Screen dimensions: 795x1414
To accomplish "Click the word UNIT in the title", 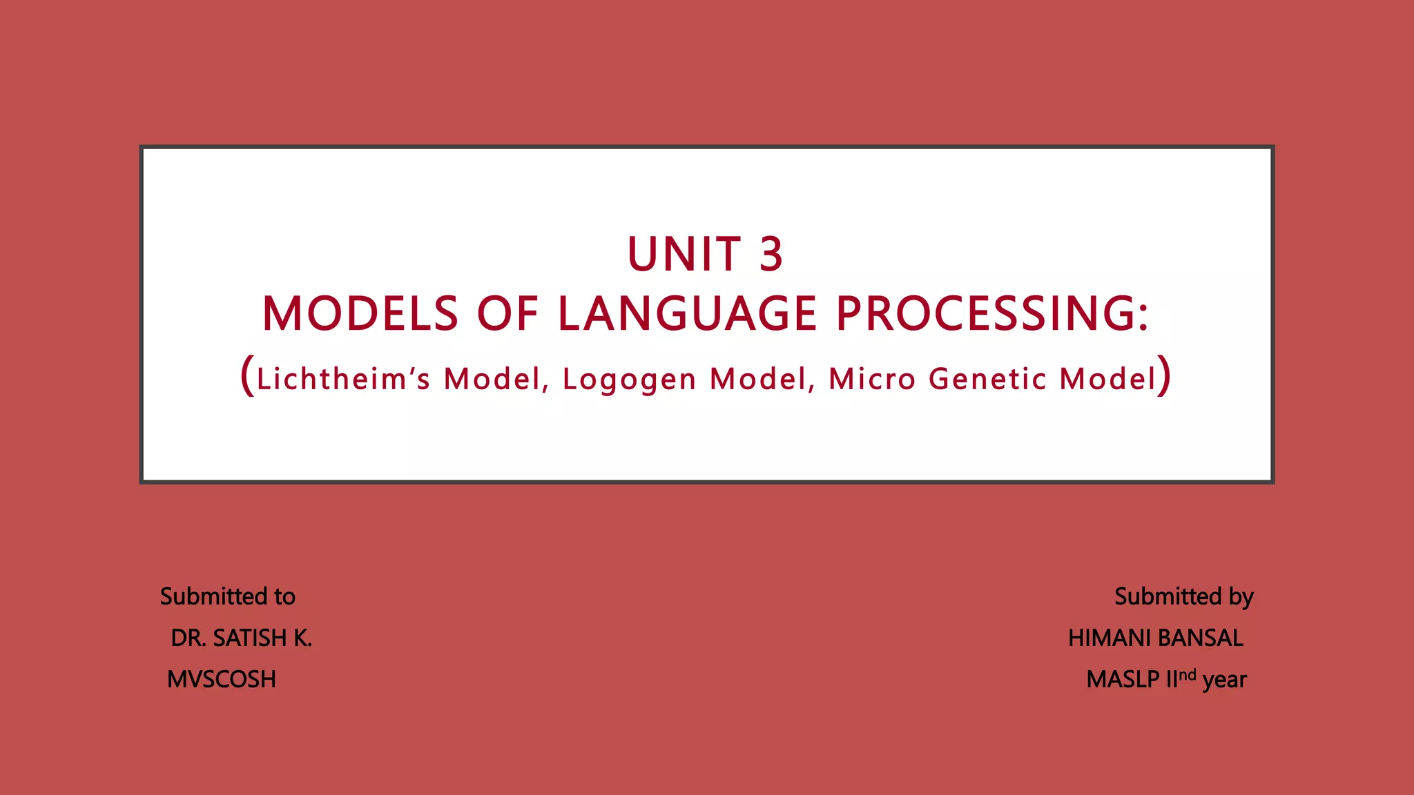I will click(684, 255).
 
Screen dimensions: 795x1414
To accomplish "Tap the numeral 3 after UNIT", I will click(771, 255).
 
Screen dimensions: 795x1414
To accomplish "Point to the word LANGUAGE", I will click(688, 314).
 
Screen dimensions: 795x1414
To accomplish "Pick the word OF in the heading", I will click(507, 314).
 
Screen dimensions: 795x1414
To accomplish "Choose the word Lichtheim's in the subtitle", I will click(343, 379).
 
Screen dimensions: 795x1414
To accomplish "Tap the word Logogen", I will click(629, 380).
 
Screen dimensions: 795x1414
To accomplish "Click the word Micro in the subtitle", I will click(872, 379).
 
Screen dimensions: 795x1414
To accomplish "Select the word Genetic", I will click(987, 379).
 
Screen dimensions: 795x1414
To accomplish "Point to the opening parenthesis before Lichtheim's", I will click(247, 376).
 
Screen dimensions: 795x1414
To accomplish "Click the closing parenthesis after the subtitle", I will click(1164, 376).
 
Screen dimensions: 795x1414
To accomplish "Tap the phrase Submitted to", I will click(228, 596).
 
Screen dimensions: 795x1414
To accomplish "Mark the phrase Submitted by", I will click(1183, 596).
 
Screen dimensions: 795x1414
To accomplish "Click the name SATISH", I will click(249, 638).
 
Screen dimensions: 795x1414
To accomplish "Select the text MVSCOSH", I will click(222, 680).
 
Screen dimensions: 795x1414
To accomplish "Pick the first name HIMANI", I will click(1110, 638).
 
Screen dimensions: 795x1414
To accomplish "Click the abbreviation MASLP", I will click(1123, 680).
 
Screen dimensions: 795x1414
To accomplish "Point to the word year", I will click(1224, 680).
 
